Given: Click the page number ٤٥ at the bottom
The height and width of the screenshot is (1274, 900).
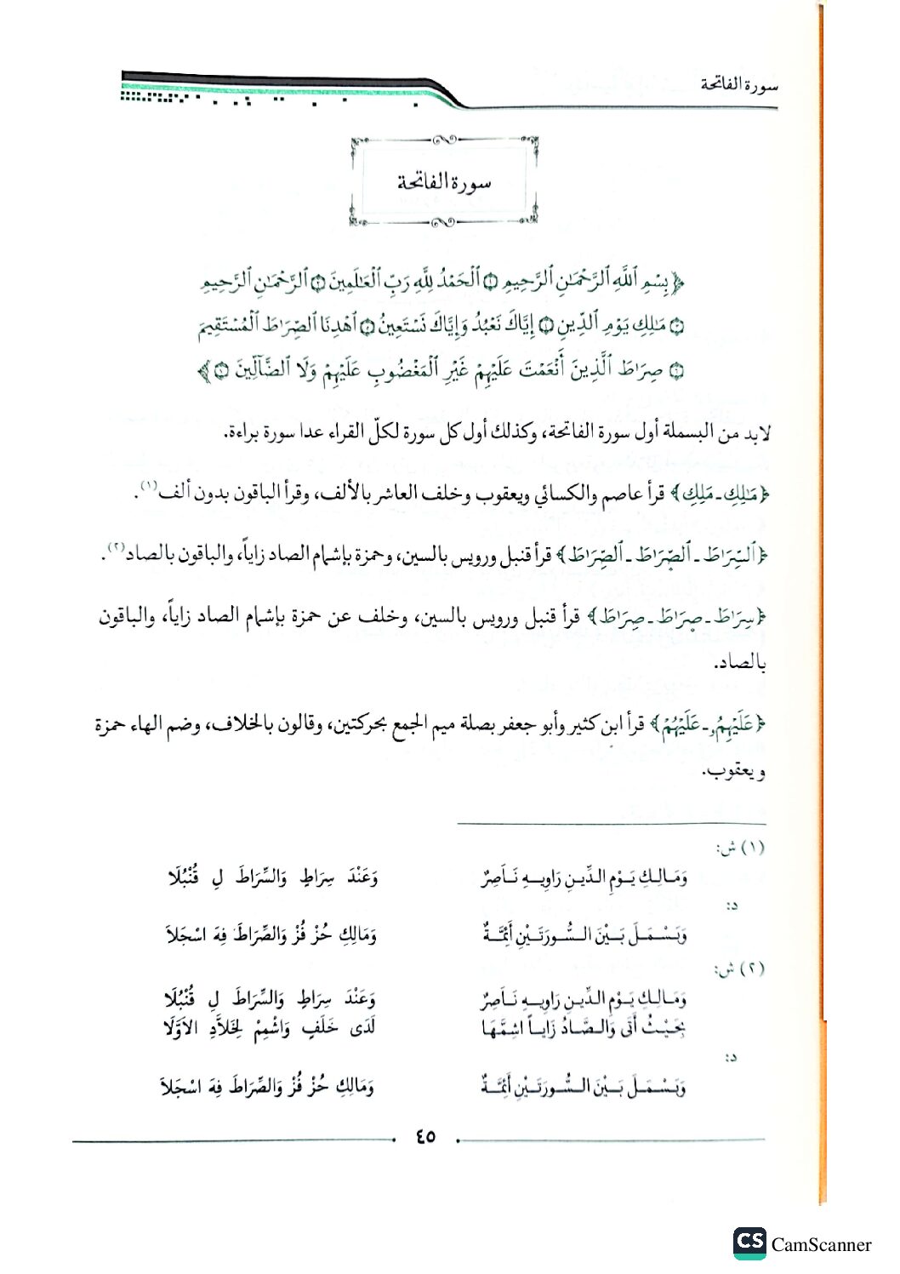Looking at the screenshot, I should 425,1136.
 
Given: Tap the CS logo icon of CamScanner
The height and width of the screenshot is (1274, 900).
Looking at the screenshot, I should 749,1243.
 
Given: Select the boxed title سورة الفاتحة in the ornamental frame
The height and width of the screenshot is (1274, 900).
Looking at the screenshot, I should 444,181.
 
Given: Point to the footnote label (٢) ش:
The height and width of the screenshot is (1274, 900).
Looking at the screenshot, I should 740,968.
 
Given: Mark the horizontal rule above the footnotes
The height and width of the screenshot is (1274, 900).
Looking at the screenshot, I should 611,824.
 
